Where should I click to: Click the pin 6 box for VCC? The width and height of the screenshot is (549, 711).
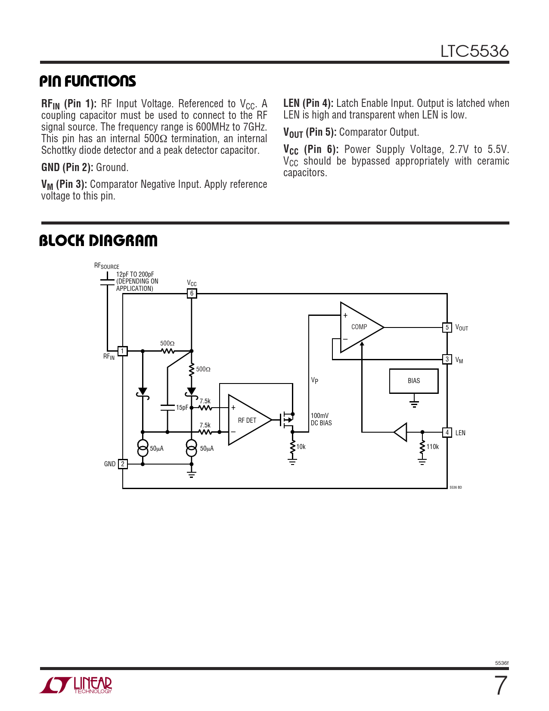coord(192,293)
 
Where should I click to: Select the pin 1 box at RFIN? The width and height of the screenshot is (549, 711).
coord(123,351)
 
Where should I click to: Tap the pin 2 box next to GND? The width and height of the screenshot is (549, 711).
coord(123,464)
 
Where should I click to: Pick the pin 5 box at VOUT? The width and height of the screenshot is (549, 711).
coord(447,327)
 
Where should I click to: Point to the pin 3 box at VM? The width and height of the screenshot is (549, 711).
coord(447,359)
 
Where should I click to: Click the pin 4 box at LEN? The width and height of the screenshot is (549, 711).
coord(447,432)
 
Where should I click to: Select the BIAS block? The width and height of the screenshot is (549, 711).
coord(414,381)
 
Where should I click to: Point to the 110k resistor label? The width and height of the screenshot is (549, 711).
coord(432,447)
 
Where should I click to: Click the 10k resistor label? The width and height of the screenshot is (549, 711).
coord(301,447)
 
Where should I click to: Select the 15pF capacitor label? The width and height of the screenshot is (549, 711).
coord(182,408)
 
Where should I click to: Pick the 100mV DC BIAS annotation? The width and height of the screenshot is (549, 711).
coord(321,419)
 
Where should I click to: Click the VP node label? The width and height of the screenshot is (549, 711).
coord(315,380)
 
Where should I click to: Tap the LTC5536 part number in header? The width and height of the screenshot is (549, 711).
coord(474,51)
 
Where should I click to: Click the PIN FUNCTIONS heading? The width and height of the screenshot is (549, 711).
coord(87,81)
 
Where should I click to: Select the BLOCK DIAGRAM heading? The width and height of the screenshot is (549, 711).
coord(98,240)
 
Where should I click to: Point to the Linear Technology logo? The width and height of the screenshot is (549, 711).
coord(76,685)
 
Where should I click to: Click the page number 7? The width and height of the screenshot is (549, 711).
coord(500,686)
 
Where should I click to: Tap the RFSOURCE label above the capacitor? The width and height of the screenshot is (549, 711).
coord(106,266)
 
